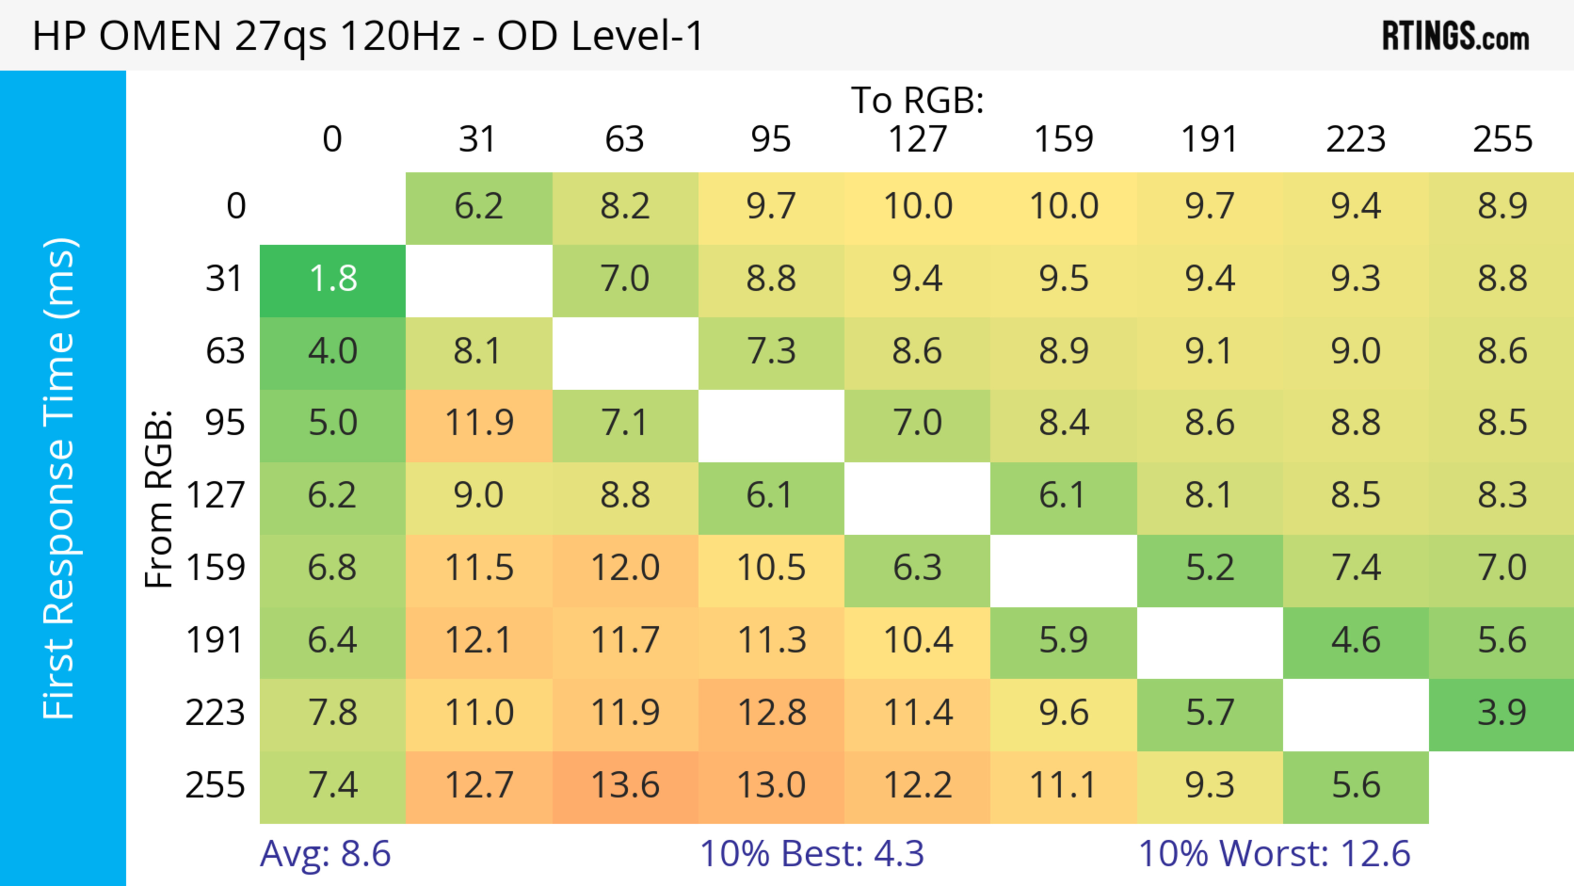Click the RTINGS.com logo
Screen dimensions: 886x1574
[1456, 36]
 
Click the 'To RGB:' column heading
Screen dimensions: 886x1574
[917, 100]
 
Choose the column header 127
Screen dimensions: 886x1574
[917, 139]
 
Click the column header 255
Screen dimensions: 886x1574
[1502, 139]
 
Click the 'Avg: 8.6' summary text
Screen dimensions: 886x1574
[325, 854]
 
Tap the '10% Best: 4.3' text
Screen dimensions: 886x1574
[812, 854]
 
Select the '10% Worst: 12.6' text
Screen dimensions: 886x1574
[1274, 854]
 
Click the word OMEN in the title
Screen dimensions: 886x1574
[160, 36]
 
